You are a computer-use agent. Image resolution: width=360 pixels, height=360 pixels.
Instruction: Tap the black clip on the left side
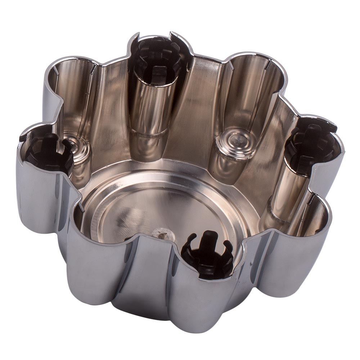tap(47, 151)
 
